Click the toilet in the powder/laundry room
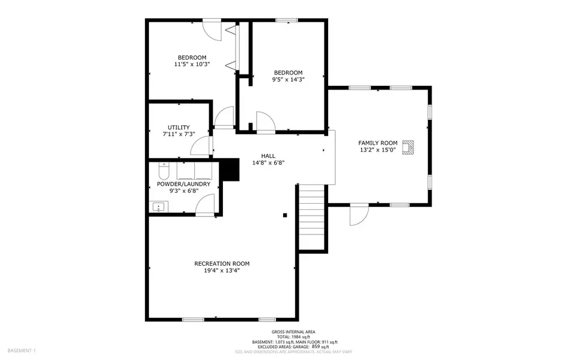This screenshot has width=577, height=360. (163, 171)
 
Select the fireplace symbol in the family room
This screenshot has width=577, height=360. (408, 147)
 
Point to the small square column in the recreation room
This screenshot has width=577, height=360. (285, 215)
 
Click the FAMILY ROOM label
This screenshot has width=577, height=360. (378, 143)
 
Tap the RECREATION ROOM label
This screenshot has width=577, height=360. (222, 264)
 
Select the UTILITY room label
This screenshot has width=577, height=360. (179, 127)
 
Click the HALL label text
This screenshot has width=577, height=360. (268, 156)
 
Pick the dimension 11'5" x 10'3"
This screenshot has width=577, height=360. (192, 64)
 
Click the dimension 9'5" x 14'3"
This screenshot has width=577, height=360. (288, 79)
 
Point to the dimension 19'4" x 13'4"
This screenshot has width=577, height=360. (222, 270)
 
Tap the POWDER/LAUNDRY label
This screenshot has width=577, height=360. (184, 184)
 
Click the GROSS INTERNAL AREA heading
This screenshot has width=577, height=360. (293, 332)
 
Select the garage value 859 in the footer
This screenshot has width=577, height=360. (316, 346)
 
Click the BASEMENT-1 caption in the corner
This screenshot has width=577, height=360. (22, 350)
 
